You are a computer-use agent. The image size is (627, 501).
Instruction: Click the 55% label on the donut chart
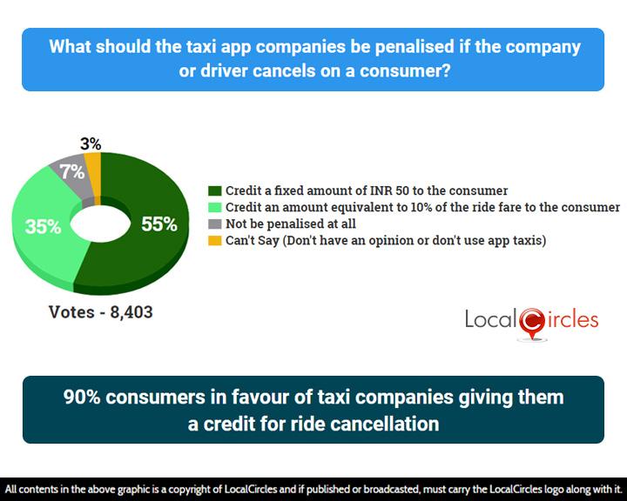159,224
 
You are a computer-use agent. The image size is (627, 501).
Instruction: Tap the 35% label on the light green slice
43,227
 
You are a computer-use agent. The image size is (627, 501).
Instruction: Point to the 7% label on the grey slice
72,172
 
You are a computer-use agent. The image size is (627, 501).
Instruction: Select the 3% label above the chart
91,144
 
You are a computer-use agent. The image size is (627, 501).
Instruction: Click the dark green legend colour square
215,190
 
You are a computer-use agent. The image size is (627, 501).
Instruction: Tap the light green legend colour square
215,207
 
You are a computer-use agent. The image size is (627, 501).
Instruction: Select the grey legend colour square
215,224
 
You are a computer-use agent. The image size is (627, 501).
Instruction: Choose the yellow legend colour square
215,241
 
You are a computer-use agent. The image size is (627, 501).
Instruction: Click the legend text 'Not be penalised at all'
291,224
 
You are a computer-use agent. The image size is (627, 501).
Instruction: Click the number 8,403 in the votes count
131,312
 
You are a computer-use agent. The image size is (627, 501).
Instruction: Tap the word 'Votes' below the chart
71,312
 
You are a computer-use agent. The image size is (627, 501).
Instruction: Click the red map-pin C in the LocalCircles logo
532,322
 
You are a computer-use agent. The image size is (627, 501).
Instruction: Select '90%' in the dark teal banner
82,397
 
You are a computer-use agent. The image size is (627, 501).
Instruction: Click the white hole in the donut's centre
100,224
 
